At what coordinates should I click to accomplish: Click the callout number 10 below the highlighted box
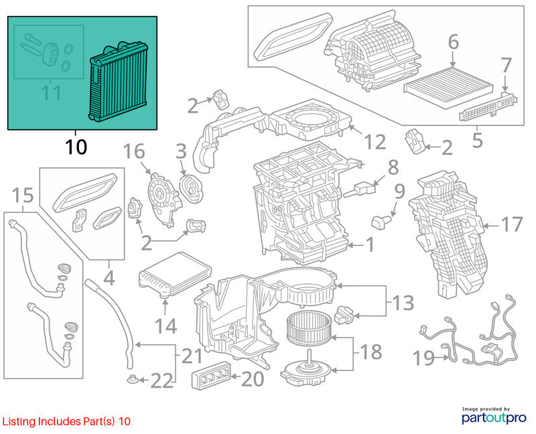tap(76, 147)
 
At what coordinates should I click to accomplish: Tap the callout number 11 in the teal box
tap(52, 92)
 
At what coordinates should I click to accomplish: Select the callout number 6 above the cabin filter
tap(454, 42)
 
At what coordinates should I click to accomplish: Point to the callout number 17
tap(512, 224)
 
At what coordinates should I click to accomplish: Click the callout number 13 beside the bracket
tap(404, 303)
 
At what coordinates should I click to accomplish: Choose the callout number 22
tap(162, 381)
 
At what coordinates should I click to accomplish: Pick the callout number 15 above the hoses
tap(23, 195)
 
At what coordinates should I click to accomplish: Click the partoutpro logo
tap(494, 416)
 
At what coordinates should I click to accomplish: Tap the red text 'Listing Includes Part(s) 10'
tap(66, 421)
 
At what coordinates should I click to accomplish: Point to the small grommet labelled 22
tap(131, 378)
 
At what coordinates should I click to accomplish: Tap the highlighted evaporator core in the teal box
tap(118, 82)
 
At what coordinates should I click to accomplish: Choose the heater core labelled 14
tap(175, 275)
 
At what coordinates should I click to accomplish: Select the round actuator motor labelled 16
tap(163, 199)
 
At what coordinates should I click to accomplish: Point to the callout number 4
tap(109, 279)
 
